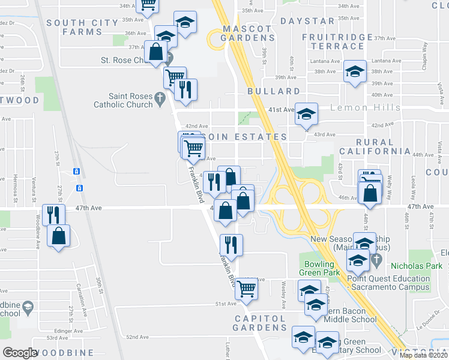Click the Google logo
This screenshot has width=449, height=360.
coord(20,353)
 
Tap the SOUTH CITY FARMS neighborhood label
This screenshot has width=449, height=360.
coord(82,27)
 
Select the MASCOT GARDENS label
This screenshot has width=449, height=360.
coord(247,33)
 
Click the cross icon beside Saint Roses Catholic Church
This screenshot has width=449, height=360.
coord(160,97)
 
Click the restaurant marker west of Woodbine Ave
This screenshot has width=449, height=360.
coord(54,214)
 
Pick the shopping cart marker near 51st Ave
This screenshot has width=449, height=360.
coord(247,287)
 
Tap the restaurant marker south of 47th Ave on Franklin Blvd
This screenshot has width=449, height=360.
coord(231,244)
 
